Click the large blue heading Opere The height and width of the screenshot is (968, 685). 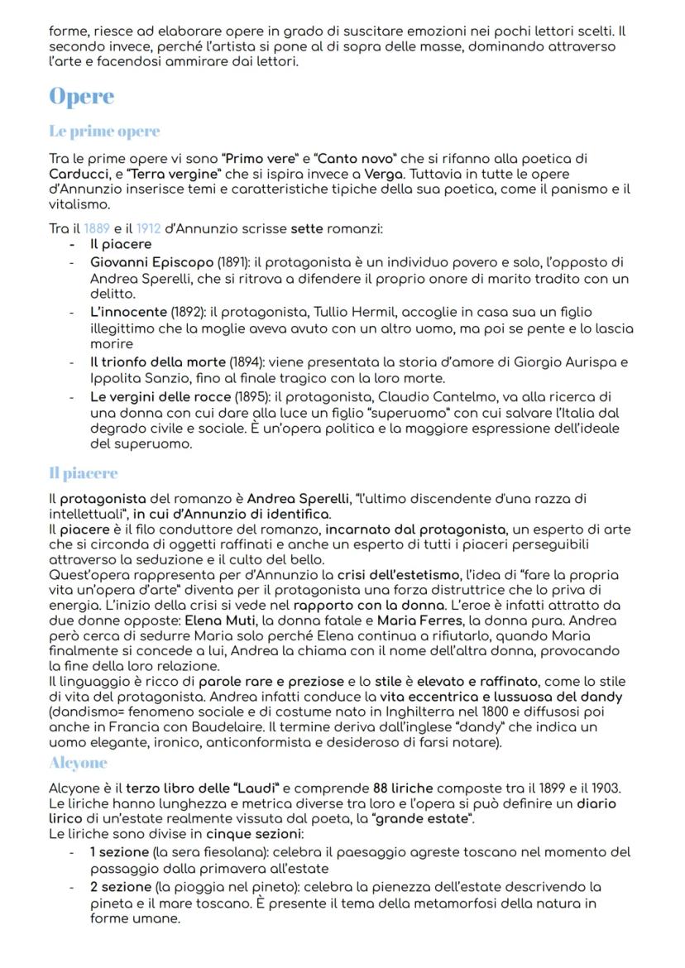(x=81, y=97)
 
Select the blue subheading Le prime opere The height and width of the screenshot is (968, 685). (x=104, y=132)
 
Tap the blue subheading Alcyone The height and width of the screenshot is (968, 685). (x=78, y=762)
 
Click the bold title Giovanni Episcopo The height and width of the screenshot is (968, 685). (x=141, y=262)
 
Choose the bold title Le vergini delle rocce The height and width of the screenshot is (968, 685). (x=161, y=395)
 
